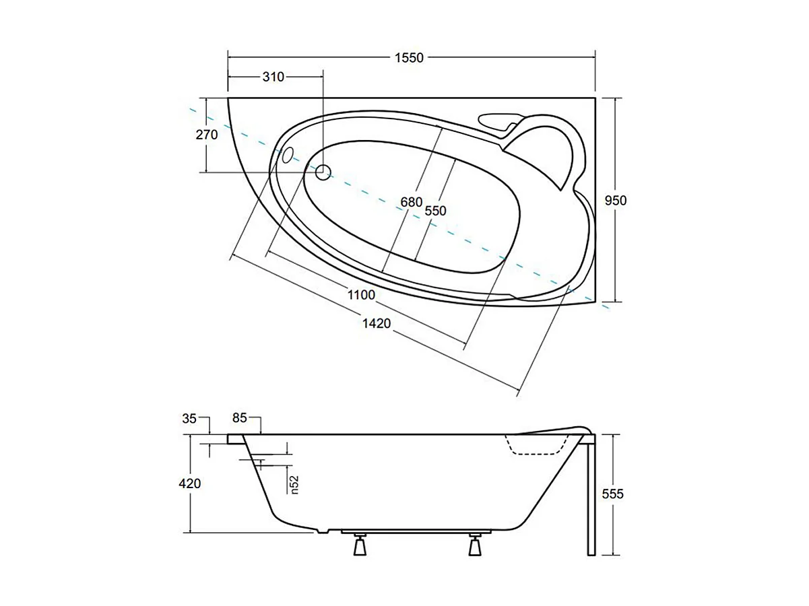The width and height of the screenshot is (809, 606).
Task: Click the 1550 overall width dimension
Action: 409,58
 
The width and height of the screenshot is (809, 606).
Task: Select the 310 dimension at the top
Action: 273,77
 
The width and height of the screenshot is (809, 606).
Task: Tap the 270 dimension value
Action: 207,135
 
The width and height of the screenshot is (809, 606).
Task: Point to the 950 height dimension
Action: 616,201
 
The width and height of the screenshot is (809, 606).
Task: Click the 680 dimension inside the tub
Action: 411,202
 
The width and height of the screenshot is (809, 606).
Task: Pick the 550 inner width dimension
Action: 435,211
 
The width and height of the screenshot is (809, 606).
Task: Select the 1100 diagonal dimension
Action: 361,294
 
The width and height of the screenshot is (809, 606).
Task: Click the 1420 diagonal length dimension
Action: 377,323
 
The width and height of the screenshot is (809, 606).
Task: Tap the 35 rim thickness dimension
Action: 189,419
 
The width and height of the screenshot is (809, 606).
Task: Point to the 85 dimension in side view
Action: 240,418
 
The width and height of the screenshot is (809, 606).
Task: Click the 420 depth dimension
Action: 191,483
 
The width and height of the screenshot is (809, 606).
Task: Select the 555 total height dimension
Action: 613,494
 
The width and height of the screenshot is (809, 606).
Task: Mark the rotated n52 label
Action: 294,484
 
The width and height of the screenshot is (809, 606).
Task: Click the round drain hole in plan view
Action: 323,172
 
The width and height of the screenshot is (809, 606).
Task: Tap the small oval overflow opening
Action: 287,156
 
